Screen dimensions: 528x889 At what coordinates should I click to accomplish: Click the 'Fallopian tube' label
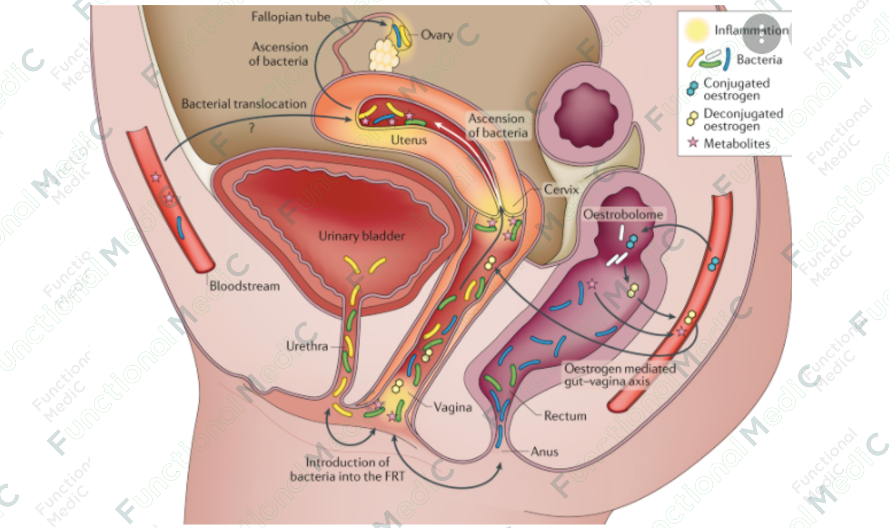point(291,17)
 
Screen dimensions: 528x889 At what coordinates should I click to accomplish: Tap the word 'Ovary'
point(437,35)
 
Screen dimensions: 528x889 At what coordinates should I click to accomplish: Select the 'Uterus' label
point(408,140)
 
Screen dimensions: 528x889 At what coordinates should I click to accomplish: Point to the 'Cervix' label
point(561,190)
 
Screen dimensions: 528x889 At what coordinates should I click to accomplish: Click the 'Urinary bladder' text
point(362,236)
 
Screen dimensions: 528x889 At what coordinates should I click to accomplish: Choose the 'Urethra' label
point(307,346)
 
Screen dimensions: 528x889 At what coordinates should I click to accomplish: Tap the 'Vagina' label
point(452,408)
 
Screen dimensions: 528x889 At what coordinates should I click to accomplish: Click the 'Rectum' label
point(565,416)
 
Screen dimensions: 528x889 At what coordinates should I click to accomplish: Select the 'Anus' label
point(544,452)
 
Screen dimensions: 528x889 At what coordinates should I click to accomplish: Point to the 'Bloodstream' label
point(244,286)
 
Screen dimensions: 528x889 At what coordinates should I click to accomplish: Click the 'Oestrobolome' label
point(623,214)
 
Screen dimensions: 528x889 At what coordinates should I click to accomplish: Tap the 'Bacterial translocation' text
point(244,104)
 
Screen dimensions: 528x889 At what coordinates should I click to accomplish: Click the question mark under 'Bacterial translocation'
point(252,127)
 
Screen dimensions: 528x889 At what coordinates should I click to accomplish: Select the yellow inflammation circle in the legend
point(696,30)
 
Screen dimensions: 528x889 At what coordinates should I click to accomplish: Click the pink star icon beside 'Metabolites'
point(693,142)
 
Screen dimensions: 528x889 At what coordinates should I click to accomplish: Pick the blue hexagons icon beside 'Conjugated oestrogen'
point(692,88)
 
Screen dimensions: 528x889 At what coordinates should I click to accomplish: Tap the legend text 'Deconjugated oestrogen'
point(743,120)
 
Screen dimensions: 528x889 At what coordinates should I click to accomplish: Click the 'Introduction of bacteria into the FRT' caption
point(347,469)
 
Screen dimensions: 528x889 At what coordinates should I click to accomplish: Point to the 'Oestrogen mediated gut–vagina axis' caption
point(619,375)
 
